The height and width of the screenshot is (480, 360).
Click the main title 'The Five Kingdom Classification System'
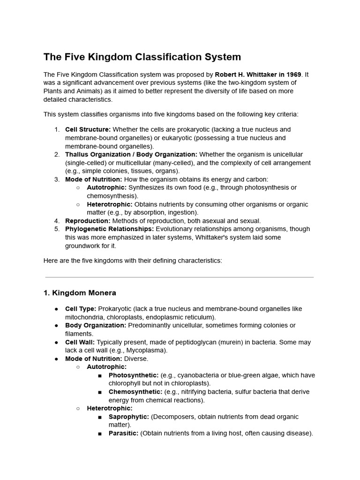point(142,57)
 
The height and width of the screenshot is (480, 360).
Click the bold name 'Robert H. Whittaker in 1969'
point(258,75)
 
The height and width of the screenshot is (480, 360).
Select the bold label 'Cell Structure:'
point(88,129)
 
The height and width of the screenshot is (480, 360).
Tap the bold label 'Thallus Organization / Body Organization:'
point(131,154)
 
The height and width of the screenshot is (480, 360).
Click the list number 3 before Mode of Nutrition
point(57,179)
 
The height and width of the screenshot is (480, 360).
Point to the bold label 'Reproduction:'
point(88,221)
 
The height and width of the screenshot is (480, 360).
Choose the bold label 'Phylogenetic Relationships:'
point(109,229)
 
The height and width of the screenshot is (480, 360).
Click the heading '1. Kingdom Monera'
point(80,293)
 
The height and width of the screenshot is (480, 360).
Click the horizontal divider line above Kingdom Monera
point(180,277)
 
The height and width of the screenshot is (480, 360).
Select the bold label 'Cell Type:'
point(81,309)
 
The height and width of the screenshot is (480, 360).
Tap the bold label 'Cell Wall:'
point(80,342)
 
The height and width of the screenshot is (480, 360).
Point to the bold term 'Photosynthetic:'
point(134,375)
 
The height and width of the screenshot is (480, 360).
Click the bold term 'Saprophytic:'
point(129,417)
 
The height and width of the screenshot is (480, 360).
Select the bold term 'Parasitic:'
point(123,434)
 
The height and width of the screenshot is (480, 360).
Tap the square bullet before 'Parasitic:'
point(100,434)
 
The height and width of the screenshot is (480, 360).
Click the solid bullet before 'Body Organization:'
point(57,326)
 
